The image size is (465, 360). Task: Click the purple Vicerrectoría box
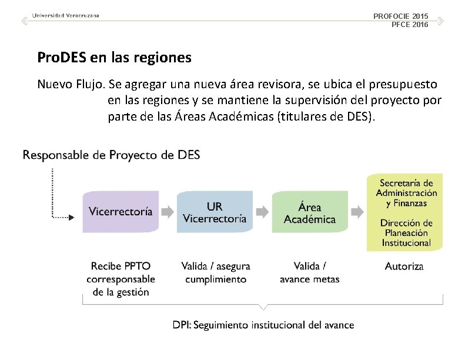point(120,211)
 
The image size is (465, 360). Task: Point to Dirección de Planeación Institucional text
point(406,232)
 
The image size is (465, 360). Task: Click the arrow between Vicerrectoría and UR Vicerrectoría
point(168,211)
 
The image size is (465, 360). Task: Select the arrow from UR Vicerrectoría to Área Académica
point(262,211)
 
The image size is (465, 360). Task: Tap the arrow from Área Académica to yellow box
point(356,211)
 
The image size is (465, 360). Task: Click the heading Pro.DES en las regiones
point(114,58)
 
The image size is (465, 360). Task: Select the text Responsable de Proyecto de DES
point(111,155)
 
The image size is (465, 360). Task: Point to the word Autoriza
point(404,266)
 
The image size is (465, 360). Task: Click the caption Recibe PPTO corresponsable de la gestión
point(121,279)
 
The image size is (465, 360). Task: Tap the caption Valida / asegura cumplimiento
point(215,272)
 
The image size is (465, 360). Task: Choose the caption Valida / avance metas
point(309,272)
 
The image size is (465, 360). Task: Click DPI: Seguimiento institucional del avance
point(263,325)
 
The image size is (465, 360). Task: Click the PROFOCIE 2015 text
point(401,16)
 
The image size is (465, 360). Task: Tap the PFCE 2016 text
point(410,24)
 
